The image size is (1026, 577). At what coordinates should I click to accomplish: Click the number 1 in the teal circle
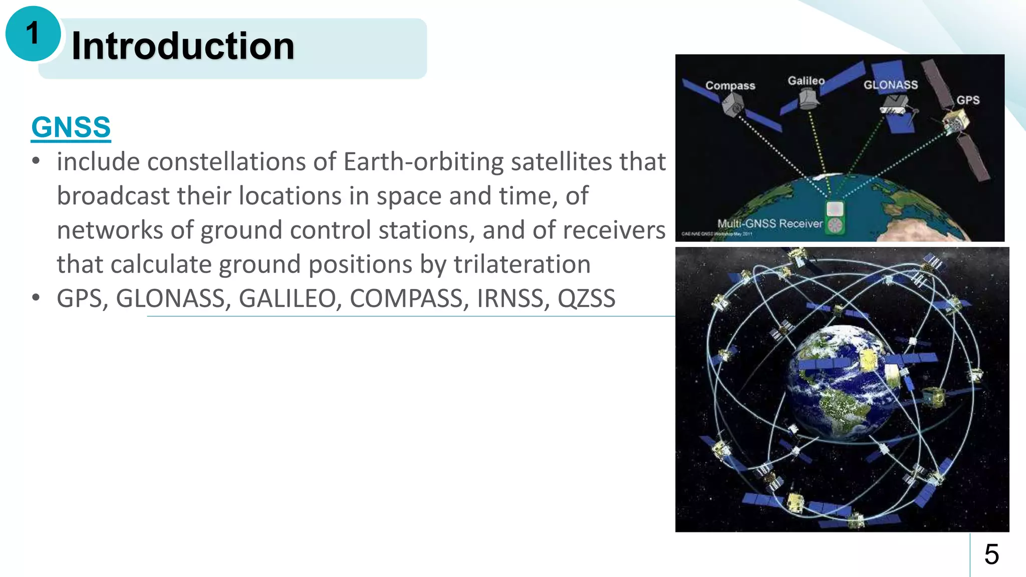[33, 34]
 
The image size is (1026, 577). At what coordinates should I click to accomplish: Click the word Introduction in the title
[183, 46]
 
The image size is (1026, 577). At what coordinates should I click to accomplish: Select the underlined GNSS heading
[71, 127]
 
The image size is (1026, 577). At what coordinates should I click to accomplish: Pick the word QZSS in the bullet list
[586, 299]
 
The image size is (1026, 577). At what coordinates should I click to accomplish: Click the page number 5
[991, 554]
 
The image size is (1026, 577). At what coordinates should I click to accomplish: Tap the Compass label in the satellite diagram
[730, 86]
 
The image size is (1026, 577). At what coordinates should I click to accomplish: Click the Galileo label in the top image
[806, 81]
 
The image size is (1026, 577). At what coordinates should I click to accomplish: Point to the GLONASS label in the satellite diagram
[890, 85]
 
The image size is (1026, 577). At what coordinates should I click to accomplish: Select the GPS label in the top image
[967, 100]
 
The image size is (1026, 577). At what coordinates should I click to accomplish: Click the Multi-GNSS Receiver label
[769, 223]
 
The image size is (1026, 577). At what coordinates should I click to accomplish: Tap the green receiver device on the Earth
[835, 217]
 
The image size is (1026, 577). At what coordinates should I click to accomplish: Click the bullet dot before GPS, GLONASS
[36, 298]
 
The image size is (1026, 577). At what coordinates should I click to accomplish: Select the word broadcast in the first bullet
[113, 196]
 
